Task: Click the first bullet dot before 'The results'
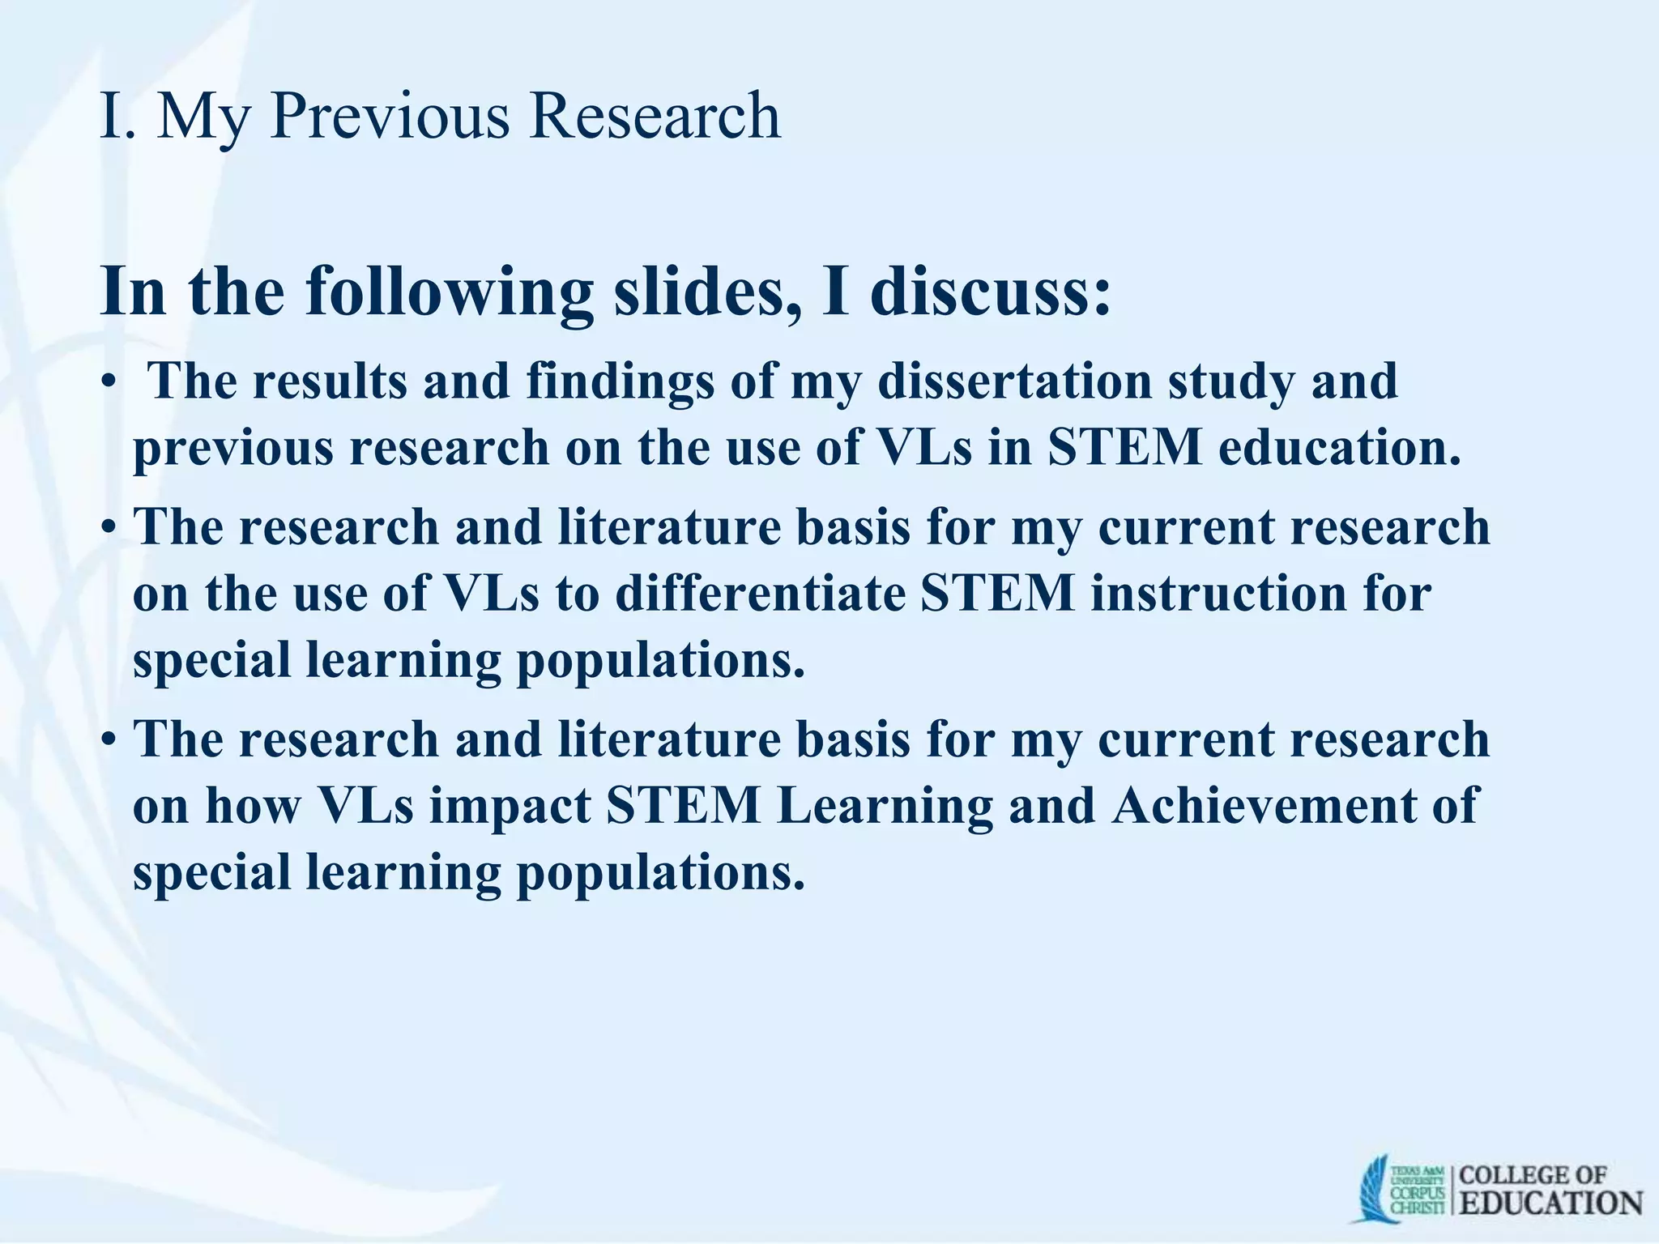109,383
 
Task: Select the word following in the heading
450,293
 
